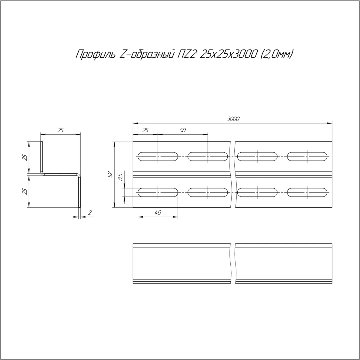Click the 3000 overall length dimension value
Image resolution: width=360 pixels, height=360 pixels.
tap(233, 119)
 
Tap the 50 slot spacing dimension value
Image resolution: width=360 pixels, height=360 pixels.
tap(182, 130)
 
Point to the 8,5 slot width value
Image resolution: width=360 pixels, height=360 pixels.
tap(121, 177)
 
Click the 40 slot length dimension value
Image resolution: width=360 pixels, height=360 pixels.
tap(158, 213)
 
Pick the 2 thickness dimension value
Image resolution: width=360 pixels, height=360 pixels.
tap(90, 213)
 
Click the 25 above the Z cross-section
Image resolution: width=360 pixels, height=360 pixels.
tap(60, 130)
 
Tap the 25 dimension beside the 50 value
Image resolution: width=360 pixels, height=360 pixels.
tap(145, 130)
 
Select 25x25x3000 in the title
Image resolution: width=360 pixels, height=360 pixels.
tap(227, 54)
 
